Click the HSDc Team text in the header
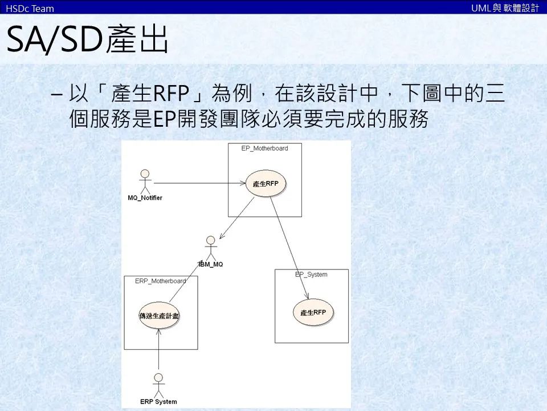[x=30, y=8]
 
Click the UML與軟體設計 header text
[x=505, y=8]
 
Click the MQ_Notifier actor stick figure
[x=145, y=182]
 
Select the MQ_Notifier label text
[x=145, y=198]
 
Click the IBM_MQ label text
[x=211, y=264]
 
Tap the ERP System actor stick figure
[x=158, y=385]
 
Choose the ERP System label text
[x=158, y=402]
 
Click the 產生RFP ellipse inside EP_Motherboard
[x=266, y=184]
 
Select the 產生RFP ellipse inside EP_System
[x=313, y=312]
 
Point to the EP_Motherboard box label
[x=264, y=148]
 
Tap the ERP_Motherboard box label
[x=160, y=281]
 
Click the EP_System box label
[x=311, y=275]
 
